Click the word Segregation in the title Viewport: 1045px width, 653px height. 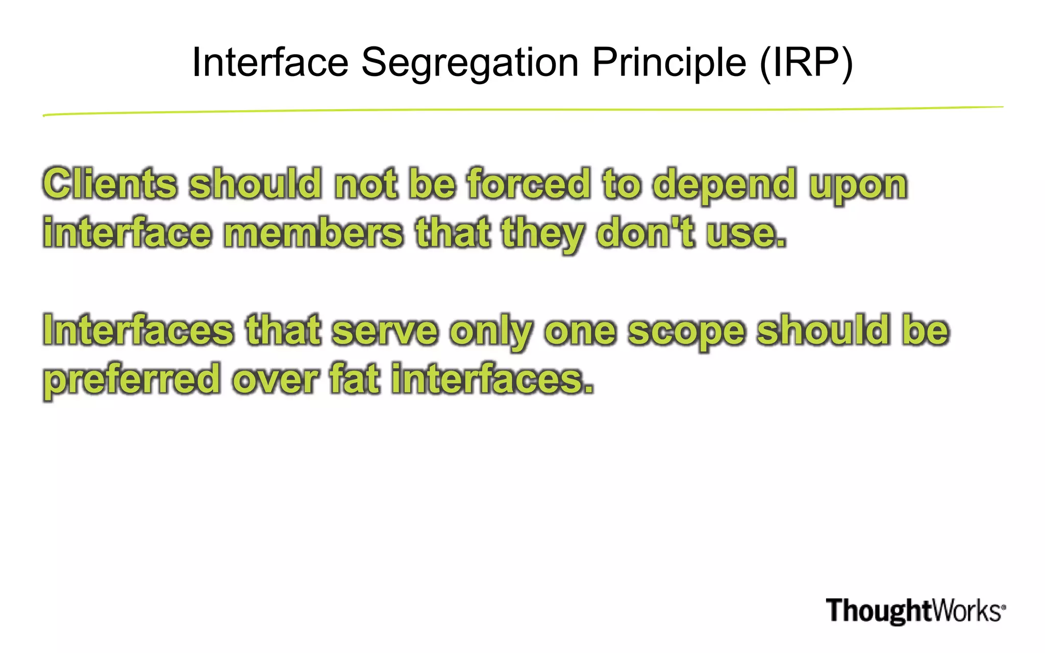(470, 63)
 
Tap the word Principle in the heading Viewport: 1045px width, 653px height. (669, 63)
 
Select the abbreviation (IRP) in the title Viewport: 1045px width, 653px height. (806, 63)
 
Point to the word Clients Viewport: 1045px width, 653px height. (110, 184)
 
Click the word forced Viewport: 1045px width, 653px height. (529, 184)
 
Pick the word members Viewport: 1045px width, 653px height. (313, 233)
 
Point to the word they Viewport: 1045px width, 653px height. (542, 235)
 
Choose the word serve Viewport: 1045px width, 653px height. (385, 331)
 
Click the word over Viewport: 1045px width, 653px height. (276, 381)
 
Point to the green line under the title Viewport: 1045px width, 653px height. (522, 110)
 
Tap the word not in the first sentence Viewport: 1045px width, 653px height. (365, 184)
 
